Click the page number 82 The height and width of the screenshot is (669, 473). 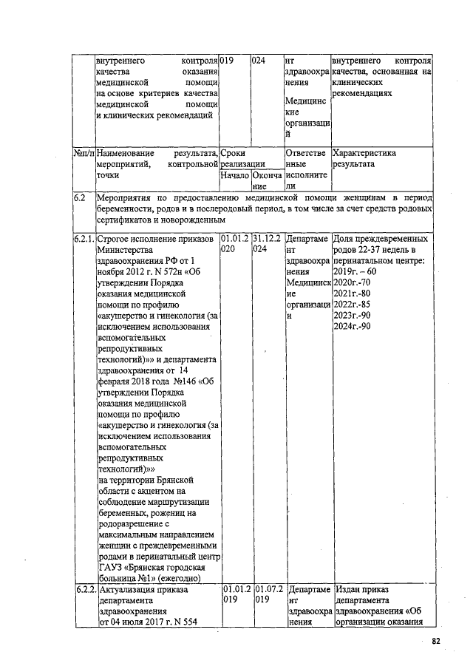[x=436, y=641]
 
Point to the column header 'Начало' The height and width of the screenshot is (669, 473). [x=235, y=177]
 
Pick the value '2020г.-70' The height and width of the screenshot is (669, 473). [x=352, y=282]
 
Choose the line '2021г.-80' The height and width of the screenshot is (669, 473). [x=352, y=293]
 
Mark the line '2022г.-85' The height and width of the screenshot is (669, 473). [x=352, y=305]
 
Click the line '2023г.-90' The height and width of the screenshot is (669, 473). [x=352, y=316]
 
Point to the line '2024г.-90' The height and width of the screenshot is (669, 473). [x=352, y=327]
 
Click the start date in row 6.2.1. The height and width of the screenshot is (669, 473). [x=235, y=245]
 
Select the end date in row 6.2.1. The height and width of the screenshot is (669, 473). [x=267, y=245]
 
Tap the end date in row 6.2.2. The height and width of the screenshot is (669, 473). [x=267, y=595]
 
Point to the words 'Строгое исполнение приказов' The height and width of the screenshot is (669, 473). [x=154, y=240]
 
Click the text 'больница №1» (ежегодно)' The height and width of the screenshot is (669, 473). [x=149, y=578]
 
